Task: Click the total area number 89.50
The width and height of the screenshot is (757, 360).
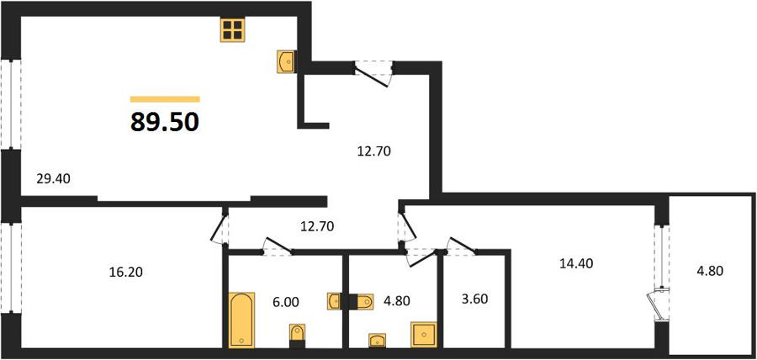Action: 165,123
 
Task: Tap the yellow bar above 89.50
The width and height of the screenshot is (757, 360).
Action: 165,99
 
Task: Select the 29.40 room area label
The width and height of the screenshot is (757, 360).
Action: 54,179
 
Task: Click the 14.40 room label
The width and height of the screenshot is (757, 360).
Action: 576,263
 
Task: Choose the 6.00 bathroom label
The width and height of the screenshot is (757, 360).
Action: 285,302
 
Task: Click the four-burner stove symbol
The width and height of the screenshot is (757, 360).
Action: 233,29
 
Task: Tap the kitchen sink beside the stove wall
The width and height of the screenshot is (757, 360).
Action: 287,61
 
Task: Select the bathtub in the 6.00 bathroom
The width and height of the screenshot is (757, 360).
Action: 241,320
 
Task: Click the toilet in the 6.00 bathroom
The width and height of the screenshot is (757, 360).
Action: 298,336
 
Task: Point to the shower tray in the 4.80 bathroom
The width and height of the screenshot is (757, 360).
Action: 423,335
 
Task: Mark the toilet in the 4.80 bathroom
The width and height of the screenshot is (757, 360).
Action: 361,302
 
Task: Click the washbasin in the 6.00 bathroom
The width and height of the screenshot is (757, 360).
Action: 335,301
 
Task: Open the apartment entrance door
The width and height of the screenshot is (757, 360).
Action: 373,74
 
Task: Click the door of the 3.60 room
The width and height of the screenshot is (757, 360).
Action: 462,246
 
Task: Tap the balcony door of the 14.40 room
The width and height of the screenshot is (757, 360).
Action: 659,302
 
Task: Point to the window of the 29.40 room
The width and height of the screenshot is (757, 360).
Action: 11,104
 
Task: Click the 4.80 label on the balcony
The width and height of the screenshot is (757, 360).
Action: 710,271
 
